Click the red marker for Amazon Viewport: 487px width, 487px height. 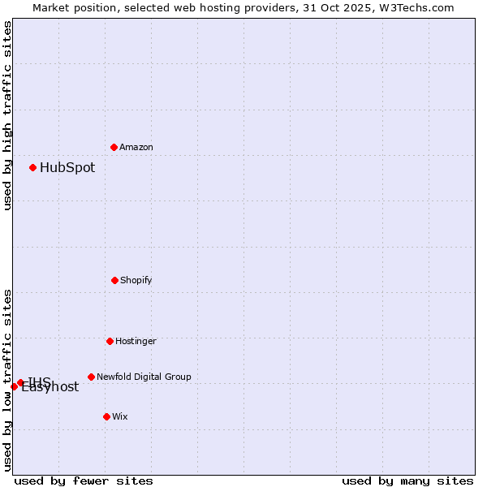pos(114,147)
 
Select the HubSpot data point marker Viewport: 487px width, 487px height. pos(33,167)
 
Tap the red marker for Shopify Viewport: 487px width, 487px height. pos(114,280)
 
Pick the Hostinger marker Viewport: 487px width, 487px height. pos(110,341)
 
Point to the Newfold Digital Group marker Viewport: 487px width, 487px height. pos(91,377)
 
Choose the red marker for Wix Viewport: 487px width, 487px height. pos(106,416)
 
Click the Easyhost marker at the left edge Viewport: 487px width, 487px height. pos(14,386)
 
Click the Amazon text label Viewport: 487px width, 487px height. pos(136,147)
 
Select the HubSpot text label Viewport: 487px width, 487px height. pos(67,168)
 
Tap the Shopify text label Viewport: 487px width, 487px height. pos(136,280)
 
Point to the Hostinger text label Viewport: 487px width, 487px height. pos(136,341)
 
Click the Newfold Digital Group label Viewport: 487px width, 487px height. pos(144,377)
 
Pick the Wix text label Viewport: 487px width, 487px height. pos(120,416)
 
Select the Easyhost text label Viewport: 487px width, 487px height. pos(50,388)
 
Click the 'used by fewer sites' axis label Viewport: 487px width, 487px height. pos(84,481)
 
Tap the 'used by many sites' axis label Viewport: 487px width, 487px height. pos(407,481)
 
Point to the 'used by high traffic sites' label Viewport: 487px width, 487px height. pos(7,115)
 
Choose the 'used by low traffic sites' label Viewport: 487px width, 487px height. pos(7,380)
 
